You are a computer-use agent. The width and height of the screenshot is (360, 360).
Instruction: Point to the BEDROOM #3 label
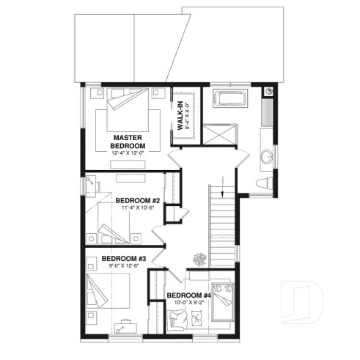124,259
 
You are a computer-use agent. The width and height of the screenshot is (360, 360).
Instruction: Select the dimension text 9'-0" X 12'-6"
124,267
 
